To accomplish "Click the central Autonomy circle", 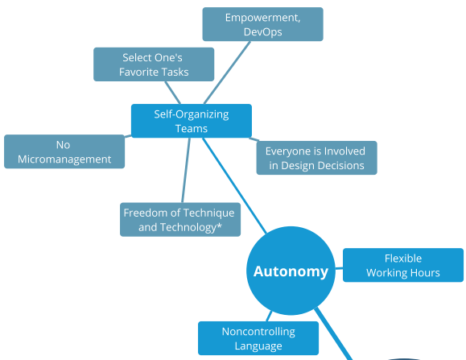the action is (x=291, y=271).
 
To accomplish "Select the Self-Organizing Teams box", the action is (x=192, y=121).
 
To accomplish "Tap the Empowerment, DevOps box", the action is (x=262, y=24).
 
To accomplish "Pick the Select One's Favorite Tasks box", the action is (x=154, y=64).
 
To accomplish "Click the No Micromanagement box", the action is (x=64, y=151).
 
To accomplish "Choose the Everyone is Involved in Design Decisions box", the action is (x=317, y=158).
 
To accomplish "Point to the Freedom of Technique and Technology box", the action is (x=180, y=220).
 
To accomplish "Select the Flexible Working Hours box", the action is (x=403, y=265).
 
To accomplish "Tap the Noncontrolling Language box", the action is (x=258, y=338).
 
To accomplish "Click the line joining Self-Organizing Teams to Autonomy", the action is (x=234, y=185).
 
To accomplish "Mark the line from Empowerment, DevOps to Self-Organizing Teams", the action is (x=227, y=72).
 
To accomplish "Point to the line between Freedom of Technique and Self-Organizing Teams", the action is (x=186, y=171).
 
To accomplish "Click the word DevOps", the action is (x=262, y=31).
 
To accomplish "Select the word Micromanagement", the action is (x=64, y=159).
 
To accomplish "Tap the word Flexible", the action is (x=403, y=259).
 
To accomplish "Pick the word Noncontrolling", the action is (x=258, y=332).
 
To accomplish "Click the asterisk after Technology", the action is (x=219, y=226).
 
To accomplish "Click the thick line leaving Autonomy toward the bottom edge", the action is (x=334, y=334).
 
